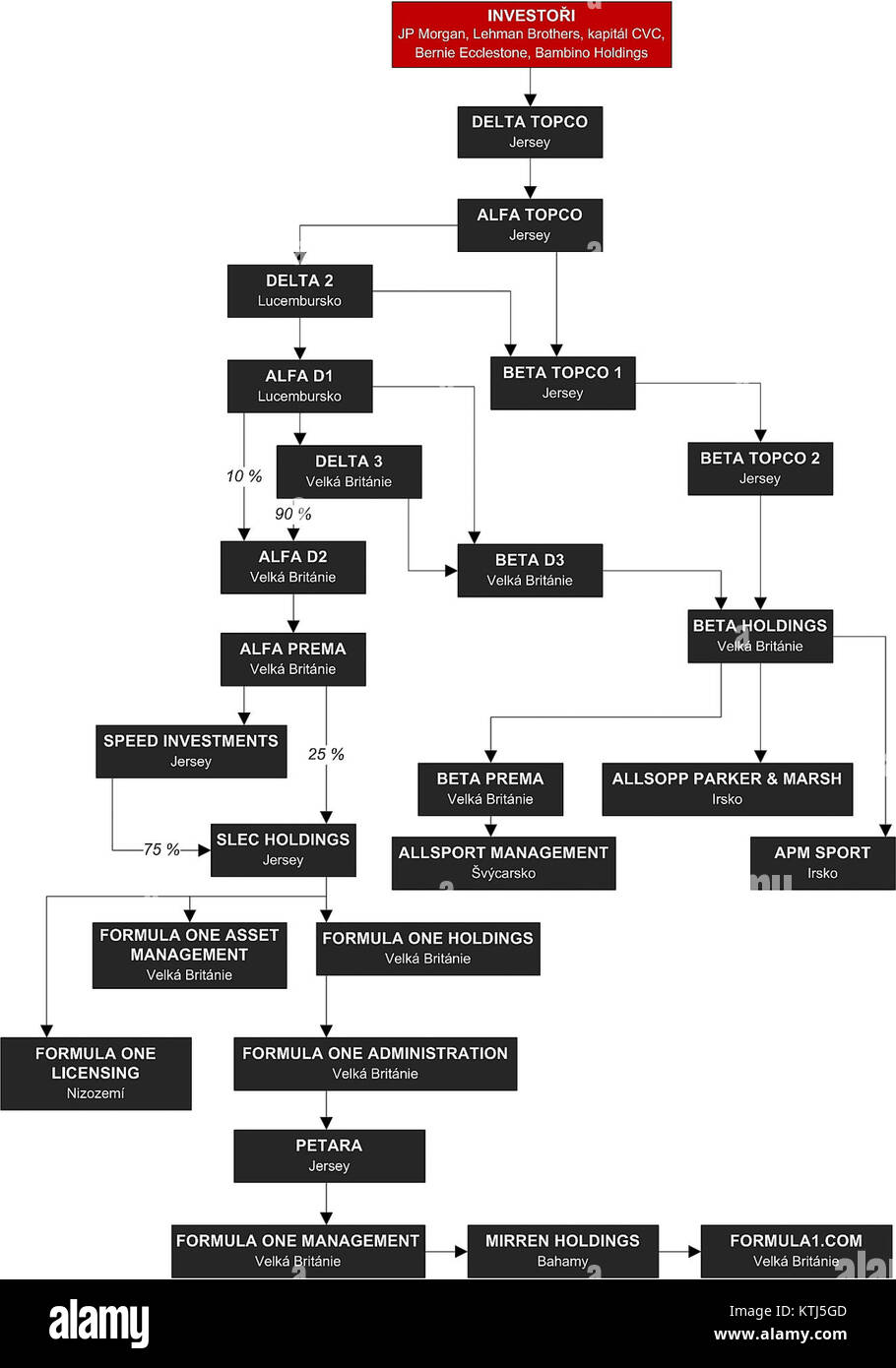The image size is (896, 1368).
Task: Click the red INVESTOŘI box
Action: (531, 34)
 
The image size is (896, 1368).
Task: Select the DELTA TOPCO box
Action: (530, 132)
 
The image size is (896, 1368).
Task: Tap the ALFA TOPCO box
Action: (530, 224)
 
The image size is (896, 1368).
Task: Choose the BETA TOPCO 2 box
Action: (759, 467)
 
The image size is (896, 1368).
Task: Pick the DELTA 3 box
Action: (349, 471)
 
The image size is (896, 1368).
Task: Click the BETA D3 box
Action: (530, 570)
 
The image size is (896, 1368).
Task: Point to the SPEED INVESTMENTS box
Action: (191, 751)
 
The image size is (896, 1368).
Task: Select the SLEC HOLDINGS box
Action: (283, 849)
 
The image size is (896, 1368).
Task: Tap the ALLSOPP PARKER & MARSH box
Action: (727, 788)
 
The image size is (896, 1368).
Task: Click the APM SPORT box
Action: (822, 863)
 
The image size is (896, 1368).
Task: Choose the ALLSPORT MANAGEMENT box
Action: (503, 863)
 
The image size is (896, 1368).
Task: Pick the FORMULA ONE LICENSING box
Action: (96, 1073)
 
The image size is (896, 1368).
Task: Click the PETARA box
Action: (329, 1155)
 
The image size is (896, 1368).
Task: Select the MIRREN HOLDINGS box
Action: (562, 1251)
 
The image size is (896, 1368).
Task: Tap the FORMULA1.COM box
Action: (796, 1251)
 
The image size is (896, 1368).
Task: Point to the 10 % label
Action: (244, 476)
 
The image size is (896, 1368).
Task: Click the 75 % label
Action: (161, 849)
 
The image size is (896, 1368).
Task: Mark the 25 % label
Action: (326, 754)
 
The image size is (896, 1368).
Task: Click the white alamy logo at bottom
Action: (99, 1324)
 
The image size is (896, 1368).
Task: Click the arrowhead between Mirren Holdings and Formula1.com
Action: (694, 1252)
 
